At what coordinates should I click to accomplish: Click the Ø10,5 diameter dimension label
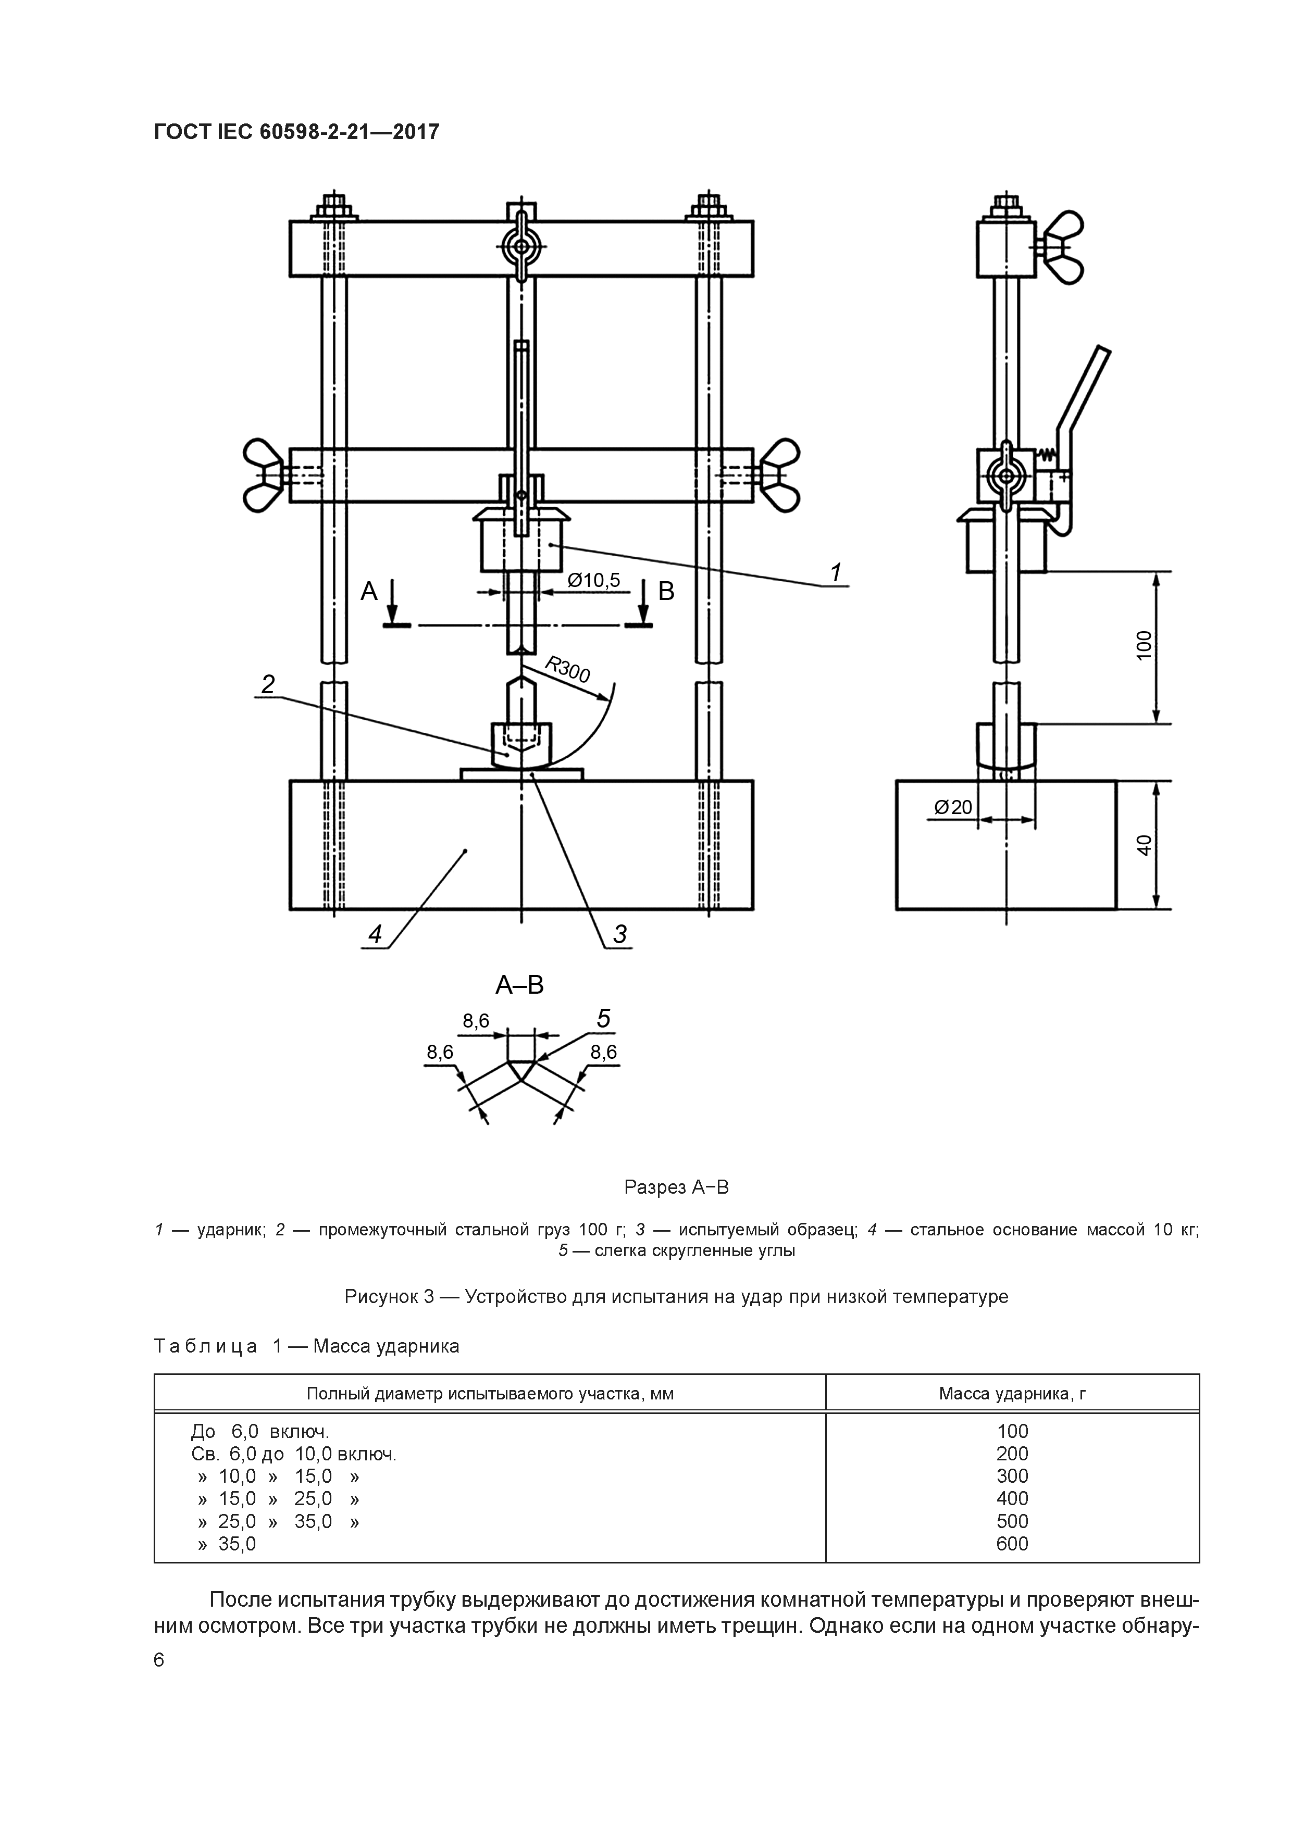(x=592, y=581)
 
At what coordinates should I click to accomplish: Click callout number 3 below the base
(x=619, y=934)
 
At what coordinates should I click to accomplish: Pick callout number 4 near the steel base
(x=375, y=934)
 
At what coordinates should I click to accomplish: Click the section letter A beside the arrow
(x=368, y=591)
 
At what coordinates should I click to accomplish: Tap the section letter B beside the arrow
(x=666, y=591)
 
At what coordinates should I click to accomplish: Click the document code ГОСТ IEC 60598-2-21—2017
(x=296, y=131)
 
